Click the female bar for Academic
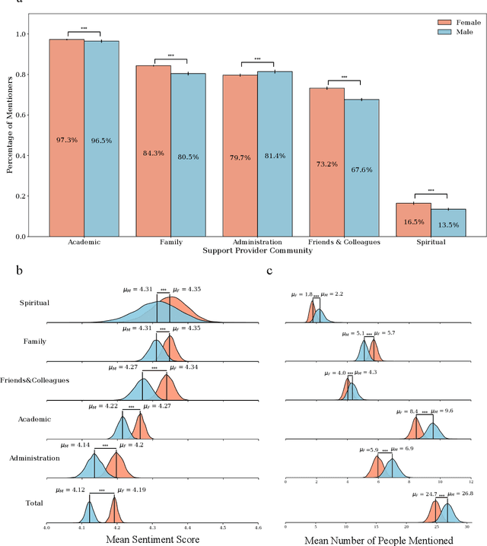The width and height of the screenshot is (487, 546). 67,137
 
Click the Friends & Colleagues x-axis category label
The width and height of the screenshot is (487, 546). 344,242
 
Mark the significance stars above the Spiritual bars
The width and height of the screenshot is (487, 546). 431,191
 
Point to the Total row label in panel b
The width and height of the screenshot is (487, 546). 35,503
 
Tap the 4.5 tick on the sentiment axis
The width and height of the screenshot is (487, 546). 223,526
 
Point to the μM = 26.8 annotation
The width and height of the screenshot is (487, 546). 456,494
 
